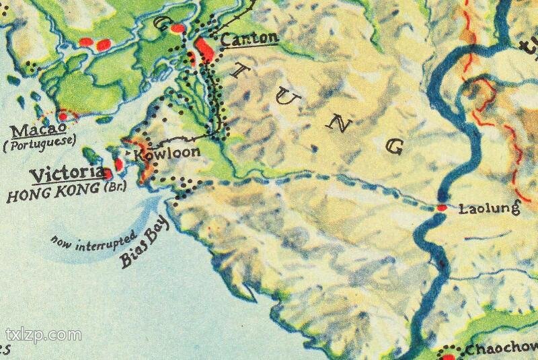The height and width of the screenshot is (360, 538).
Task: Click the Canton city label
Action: (x=249, y=38)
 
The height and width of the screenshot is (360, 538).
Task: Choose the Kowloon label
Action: (x=168, y=153)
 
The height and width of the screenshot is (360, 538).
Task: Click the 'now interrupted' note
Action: (x=93, y=241)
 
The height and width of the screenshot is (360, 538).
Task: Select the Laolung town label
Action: (x=489, y=209)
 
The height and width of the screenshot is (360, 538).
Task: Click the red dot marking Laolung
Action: (x=441, y=208)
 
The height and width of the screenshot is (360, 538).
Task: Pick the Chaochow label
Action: (x=501, y=349)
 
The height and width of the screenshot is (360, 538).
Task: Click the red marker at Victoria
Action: (x=108, y=174)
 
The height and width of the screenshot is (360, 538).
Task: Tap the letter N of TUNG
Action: (x=341, y=120)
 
